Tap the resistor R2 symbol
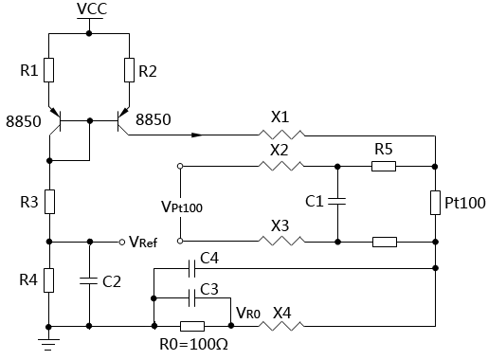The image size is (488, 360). [x=129, y=70]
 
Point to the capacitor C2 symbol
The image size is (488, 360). [x=88, y=280]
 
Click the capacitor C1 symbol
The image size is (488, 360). [x=339, y=202]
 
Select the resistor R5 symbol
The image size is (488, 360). [x=384, y=166]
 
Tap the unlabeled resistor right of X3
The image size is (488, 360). [x=384, y=242]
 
